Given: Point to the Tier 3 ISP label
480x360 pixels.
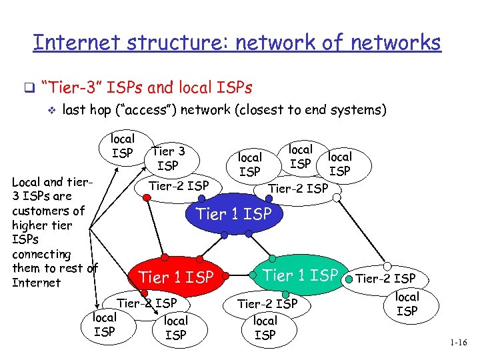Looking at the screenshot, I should pyautogui.click(x=168, y=158).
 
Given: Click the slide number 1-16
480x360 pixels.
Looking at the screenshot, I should pyautogui.click(x=459, y=343).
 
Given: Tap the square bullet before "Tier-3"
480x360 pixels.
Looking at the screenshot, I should pyautogui.click(x=28, y=87).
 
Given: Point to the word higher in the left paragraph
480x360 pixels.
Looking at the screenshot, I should pyautogui.click(x=31, y=225).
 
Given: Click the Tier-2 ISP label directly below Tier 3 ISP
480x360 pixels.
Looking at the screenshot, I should pyautogui.click(x=179, y=186).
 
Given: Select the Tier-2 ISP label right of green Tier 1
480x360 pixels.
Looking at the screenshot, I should pyautogui.click(x=385, y=278).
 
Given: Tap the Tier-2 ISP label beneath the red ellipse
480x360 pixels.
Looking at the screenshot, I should pyautogui.click(x=147, y=303).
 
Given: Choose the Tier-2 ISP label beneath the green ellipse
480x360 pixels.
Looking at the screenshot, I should pyautogui.click(x=267, y=304).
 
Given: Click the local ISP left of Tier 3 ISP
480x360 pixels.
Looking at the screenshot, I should pyautogui.click(x=122, y=146).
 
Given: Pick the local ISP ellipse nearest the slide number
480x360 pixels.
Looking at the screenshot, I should pyautogui.click(x=407, y=304).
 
